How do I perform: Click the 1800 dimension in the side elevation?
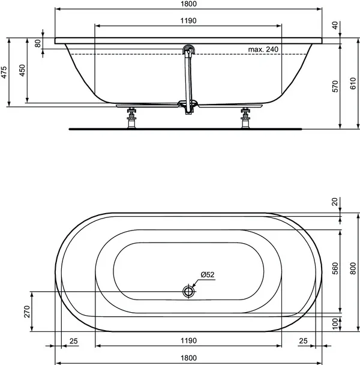(188, 4)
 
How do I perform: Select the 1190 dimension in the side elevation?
(188, 20)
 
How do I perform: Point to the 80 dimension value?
(38, 44)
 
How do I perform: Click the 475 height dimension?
(4, 72)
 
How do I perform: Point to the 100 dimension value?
(334, 322)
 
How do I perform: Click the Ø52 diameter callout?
(208, 274)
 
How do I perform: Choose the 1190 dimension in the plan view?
(188, 342)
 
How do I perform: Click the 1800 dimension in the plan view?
(188, 359)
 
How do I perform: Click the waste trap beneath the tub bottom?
(189, 107)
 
